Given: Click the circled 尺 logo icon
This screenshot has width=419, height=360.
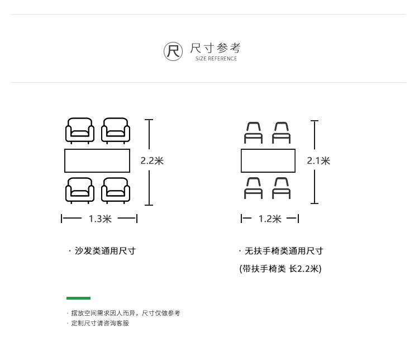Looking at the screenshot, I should click(x=173, y=51).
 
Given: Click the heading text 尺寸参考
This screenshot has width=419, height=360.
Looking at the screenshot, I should click(x=216, y=48).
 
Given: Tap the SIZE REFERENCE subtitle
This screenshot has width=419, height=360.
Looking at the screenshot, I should click(x=216, y=59).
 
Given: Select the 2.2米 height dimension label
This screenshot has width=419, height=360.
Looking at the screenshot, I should click(x=152, y=161).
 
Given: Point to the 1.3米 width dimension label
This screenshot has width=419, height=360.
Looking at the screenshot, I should click(x=100, y=219).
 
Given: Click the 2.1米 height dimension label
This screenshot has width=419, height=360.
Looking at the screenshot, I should click(x=318, y=161).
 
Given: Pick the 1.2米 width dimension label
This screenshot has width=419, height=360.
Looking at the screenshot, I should click(x=270, y=219).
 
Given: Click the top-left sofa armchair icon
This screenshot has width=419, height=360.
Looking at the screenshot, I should click(x=80, y=131).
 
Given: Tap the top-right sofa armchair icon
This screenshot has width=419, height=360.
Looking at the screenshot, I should click(x=116, y=131).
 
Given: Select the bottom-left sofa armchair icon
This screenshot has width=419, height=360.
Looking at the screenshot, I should click(x=80, y=190).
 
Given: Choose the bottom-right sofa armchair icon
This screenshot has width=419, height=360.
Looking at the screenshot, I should click(x=116, y=190).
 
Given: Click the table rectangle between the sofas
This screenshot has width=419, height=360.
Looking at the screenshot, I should click(x=97, y=160).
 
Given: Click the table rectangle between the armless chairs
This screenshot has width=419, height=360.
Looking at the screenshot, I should click(x=268, y=161).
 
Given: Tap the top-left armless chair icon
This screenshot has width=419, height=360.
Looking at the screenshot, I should click(x=254, y=133).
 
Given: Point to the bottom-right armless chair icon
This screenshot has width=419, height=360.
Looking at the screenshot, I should click(x=282, y=188).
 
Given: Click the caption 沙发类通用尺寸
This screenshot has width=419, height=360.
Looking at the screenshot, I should click(x=104, y=251).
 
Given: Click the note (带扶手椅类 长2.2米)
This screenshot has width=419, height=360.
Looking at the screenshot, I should click(x=280, y=269).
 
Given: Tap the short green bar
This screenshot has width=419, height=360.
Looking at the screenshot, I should click(x=78, y=298).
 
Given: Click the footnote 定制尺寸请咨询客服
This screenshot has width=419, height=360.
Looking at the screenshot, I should click(x=99, y=323).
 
